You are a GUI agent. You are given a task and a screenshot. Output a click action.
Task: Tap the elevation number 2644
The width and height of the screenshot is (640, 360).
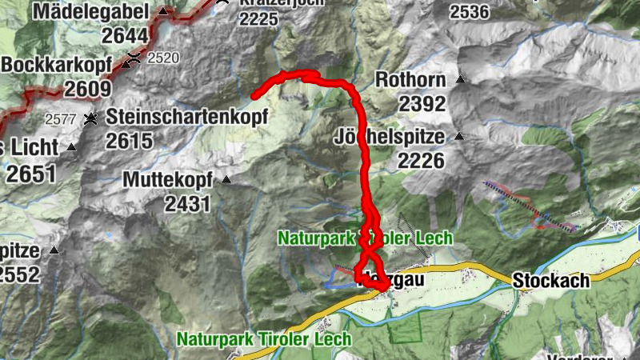coord(126,35)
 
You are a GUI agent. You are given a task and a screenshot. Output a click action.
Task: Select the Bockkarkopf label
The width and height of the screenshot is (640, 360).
coord(53,64)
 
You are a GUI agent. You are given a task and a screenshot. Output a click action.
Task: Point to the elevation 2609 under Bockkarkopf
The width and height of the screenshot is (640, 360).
coord(87,88)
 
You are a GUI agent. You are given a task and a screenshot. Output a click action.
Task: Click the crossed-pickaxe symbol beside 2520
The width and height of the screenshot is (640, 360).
coord(133,58)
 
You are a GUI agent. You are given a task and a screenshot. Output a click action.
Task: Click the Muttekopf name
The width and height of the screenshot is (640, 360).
coord(169,180)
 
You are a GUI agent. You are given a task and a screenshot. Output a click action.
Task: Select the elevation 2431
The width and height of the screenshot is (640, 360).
coord(188,204)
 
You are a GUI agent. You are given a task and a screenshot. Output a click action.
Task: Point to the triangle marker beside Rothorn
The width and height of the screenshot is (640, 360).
coord(460,80)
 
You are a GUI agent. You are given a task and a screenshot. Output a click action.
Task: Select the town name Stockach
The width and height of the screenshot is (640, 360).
coord(551,280)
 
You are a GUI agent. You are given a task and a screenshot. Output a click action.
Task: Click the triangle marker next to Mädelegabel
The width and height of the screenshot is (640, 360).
coord(163,12)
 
